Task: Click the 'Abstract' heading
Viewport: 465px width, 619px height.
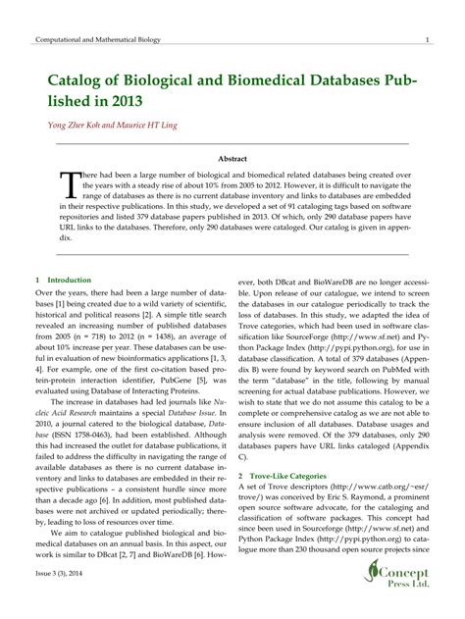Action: pyautogui.click(x=232, y=157)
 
